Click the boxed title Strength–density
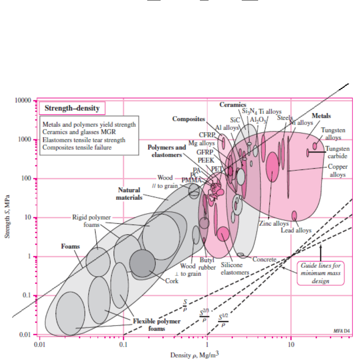point(72,108)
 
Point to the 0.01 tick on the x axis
point(40,342)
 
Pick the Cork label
point(172,281)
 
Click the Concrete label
point(264,260)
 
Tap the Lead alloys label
point(296,230)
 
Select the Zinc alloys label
point(274,224)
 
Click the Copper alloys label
point(336,171)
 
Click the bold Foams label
point(70,246)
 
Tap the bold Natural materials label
point(129,194)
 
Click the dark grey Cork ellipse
point(142,264)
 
